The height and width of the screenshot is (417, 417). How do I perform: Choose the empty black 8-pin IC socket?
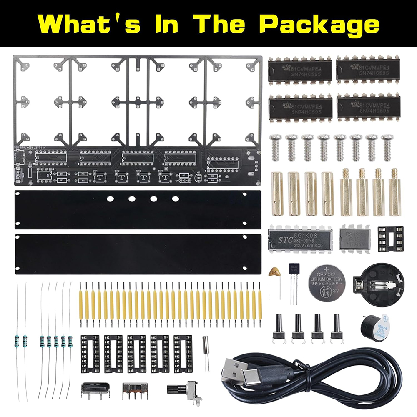pyautogui.click(x=391, y=239)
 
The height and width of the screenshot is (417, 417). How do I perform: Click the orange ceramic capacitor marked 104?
pyautogui.click(x=274, y=271)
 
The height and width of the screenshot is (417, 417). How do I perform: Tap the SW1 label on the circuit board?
pyautogui.click(x=95, y=171)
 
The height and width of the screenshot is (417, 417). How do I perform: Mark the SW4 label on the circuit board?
pyautogui.click(x=161, y=171)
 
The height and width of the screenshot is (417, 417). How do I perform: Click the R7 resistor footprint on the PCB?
pyautogui.click(x=184, y=176)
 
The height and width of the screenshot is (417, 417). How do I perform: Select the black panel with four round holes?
pyautogui.click(x=138, y=209)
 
